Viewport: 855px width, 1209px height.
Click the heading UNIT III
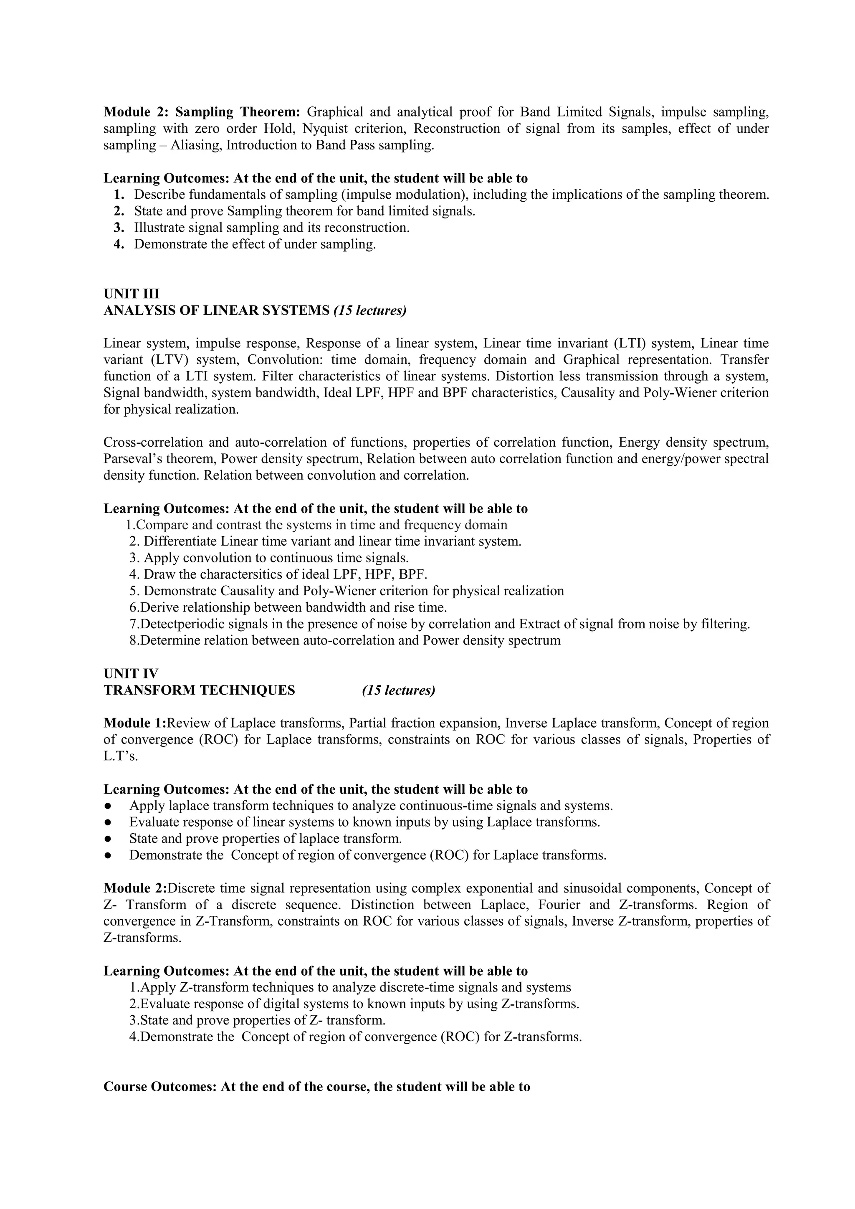point(131,294)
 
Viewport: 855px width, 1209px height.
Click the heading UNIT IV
point(131,673)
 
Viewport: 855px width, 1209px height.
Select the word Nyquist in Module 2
point(323,129)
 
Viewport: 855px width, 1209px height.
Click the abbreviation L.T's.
point(121,756)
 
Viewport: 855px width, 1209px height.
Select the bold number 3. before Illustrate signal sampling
point(119,228)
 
